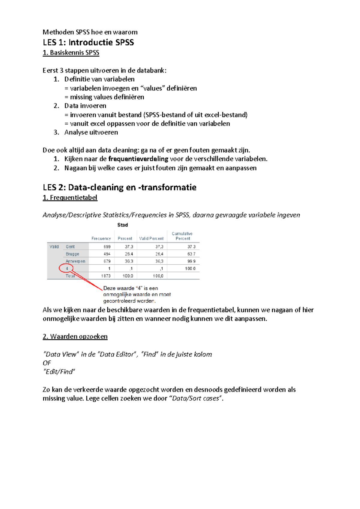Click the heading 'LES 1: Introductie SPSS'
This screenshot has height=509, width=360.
click(x=88, y=42)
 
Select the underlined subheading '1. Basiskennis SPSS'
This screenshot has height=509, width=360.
click(x=71, y=53)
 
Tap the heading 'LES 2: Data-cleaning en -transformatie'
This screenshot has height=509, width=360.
click(x=119, y=187)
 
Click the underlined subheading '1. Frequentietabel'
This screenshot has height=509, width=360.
click(x=70, y=198)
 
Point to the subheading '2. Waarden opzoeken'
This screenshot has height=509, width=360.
click(x=75, y=336)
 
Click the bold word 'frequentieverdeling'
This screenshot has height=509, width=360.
click(x=138, y=159)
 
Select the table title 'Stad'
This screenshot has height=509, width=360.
click(x=122, y=225)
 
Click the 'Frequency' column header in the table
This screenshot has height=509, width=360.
click(x=101, y=239)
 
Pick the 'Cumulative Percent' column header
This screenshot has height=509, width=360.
click(x=182, y=236)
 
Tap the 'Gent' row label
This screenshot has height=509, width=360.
click(x=70, y=247)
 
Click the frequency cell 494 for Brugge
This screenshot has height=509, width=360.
click(x=107, y=254)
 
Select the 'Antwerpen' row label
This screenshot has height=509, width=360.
click(x=75, y=261)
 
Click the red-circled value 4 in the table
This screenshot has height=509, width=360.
click(x=67, y=269)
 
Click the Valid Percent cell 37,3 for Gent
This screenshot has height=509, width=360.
click(x=159, y=247)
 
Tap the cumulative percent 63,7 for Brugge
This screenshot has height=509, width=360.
click(x=191, y=254)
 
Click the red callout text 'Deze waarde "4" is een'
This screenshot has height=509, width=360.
click(x=130, y=288)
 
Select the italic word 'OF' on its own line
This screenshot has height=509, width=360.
click(x=47, y=363)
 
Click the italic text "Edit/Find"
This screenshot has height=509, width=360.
click(x=59, y=372)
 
